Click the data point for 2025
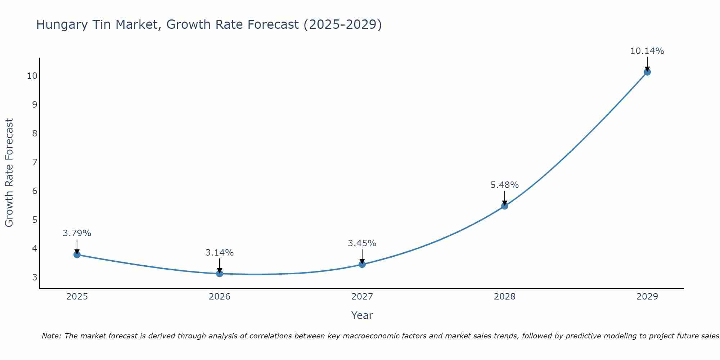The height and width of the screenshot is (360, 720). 77,255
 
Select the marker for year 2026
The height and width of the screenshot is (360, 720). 220,274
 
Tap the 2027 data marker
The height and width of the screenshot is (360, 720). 362,265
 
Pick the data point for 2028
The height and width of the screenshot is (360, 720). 505,206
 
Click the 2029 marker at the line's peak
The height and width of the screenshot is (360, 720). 647,72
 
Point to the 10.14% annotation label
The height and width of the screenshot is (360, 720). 647,51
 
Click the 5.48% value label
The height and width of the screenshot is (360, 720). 504,185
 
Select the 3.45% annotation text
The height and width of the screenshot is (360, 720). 362,243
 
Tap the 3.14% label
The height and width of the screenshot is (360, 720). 219,253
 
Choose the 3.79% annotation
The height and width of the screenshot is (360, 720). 77,233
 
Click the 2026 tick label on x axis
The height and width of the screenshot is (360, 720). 220,297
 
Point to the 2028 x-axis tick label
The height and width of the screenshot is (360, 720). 505,297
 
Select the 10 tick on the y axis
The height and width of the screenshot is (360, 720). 32,76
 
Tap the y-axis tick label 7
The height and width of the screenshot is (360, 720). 35,162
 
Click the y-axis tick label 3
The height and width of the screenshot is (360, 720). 35,277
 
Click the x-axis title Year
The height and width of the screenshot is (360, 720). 362,315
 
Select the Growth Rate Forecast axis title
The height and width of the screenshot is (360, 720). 9,173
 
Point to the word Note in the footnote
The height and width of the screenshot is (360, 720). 52,336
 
